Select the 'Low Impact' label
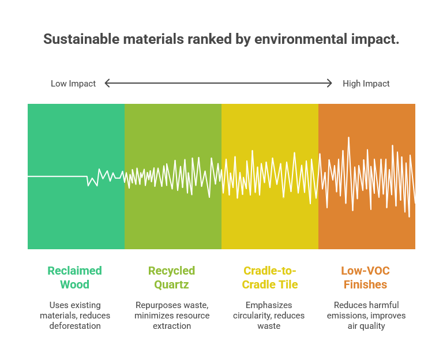coord(73,84)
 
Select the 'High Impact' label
coord(366,84)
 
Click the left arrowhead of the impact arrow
coord(107,83)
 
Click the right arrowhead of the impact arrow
coord(329,83)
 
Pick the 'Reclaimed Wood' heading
coord(74,277)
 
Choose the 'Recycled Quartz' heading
coord(172,277)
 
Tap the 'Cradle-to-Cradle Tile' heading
coord(269,277)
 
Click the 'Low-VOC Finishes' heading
coord(366,277)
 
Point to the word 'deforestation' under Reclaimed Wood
coord(74,326)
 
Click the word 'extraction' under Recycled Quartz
coord(172,326)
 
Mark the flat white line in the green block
coord(58,177)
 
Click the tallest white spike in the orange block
coord(348,138)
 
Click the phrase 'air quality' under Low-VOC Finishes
coord(366,326)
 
